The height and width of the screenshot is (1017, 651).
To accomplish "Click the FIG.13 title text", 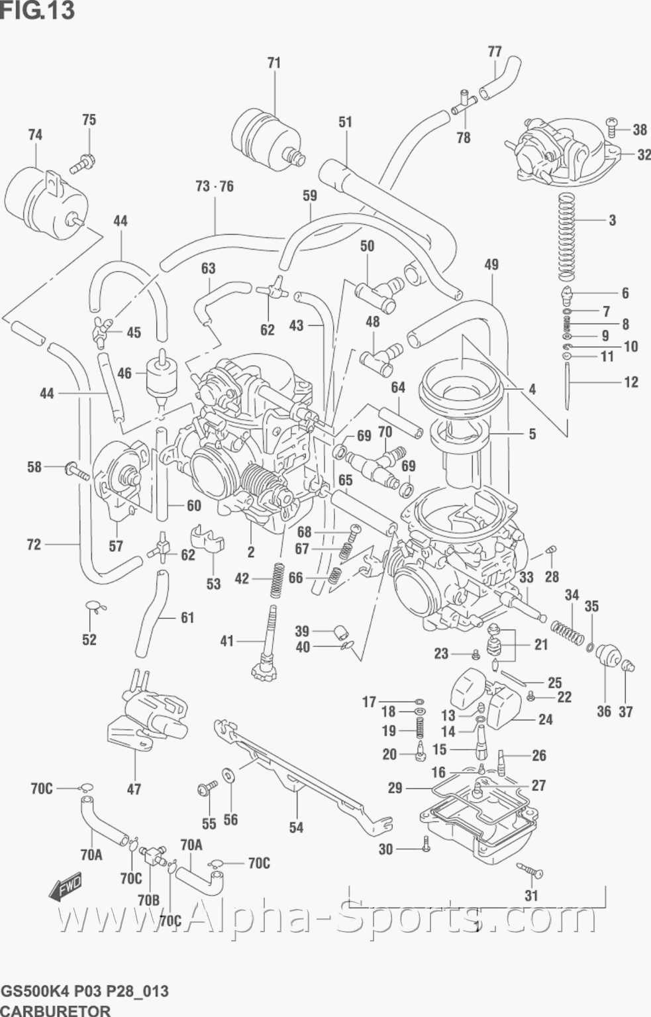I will [x=37, y=11].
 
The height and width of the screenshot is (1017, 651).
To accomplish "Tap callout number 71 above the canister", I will [x=274, y=63].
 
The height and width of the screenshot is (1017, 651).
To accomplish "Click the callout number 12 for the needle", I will [x=630, y=382].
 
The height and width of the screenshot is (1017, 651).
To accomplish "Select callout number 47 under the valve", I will [x=134, y=789].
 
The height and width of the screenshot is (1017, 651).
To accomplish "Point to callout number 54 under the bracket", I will [x=296, y=828].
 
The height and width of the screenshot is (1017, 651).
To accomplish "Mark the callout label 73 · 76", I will [x=215, y=186].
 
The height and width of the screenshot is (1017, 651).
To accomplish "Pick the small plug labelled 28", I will [x=552, y=549].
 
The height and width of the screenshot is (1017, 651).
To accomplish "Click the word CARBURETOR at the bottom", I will [x=56, y=1010].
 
